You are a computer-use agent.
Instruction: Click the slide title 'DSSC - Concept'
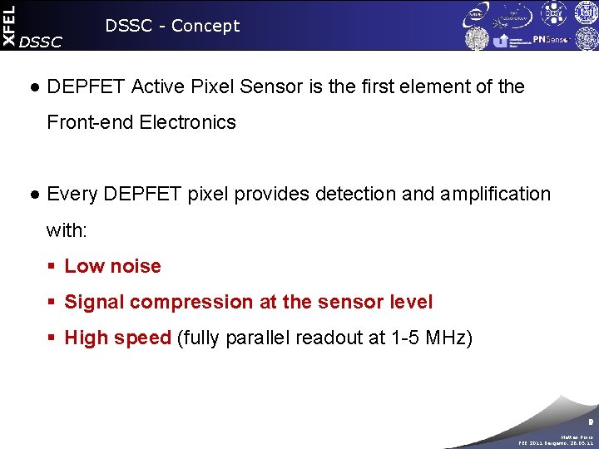pyautogui.click(x=172, y=26)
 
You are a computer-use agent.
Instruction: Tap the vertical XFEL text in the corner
pyautogui.click(x=8, y=24)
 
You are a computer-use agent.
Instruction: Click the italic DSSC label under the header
pyautogui.click(x=39, y=42)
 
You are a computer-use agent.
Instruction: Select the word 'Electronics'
pyautogui.click(x=188, y=122)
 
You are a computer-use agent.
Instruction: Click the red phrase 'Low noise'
pyautogui.click(x=112, y=266)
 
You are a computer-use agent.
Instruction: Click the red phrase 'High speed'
pyautogui.click(x=117, y=338)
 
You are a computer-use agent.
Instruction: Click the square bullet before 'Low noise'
pyautogui.click(x=51, y=267)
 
